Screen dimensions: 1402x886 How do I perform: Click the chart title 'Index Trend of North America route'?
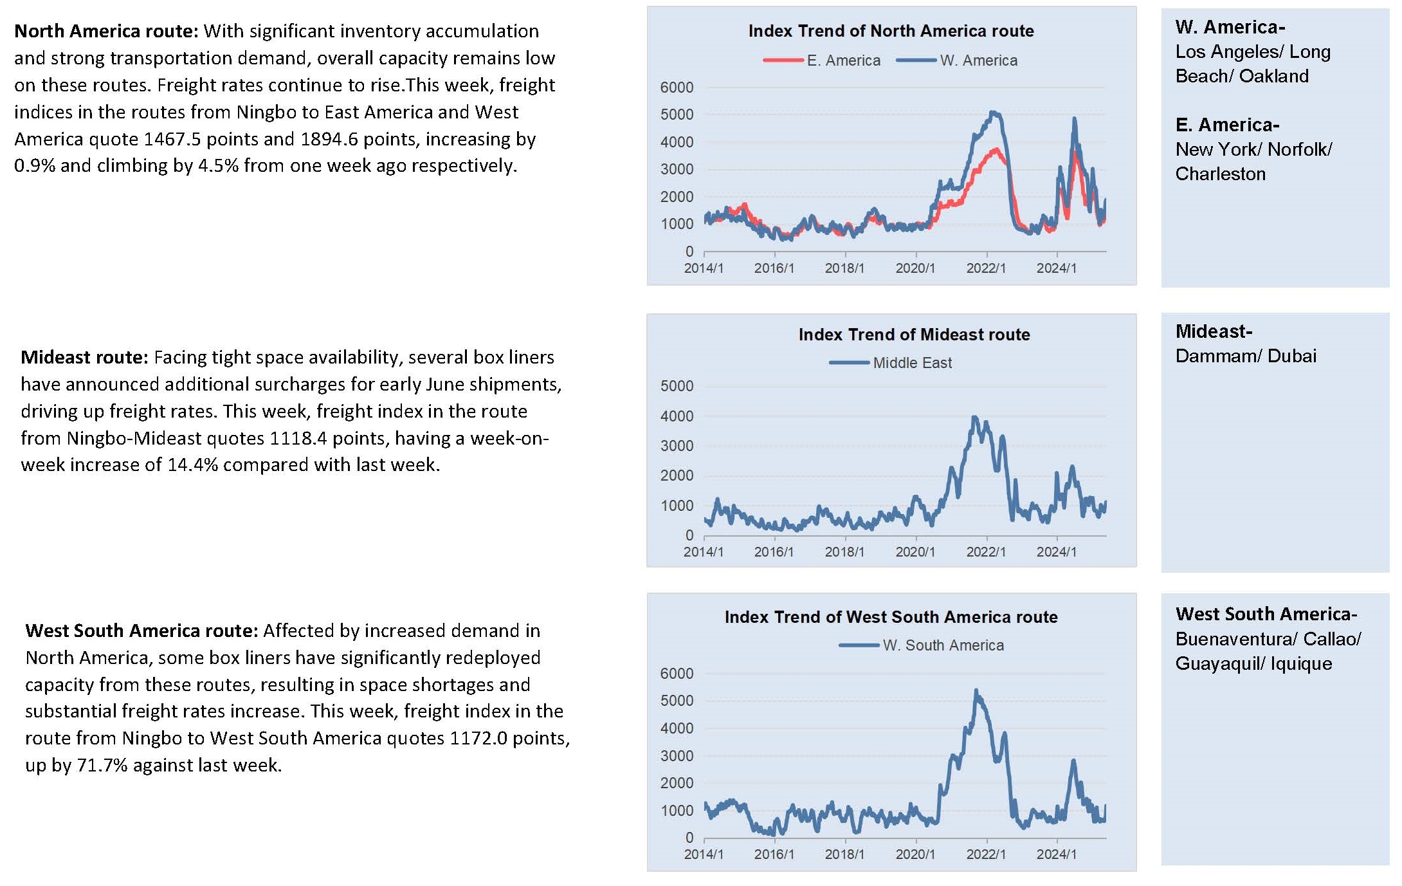891,31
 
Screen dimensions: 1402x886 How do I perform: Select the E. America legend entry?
822,60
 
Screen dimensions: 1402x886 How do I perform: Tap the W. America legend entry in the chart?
957,60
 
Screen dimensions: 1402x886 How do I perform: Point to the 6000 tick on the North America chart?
677,88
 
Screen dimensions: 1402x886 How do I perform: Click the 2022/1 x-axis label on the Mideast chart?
986,551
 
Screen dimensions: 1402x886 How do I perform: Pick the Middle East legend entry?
891,363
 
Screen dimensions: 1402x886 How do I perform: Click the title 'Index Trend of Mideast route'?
914,335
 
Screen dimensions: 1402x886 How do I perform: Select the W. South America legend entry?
922,645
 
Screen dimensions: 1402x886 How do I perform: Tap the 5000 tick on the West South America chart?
677,701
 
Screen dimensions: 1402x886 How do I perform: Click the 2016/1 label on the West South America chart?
774,854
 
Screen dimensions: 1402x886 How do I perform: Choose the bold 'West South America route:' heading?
141,631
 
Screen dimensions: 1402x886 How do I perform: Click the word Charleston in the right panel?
1220,174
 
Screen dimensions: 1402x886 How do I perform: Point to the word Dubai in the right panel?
1292,356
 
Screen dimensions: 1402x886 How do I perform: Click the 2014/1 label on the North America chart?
704,268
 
